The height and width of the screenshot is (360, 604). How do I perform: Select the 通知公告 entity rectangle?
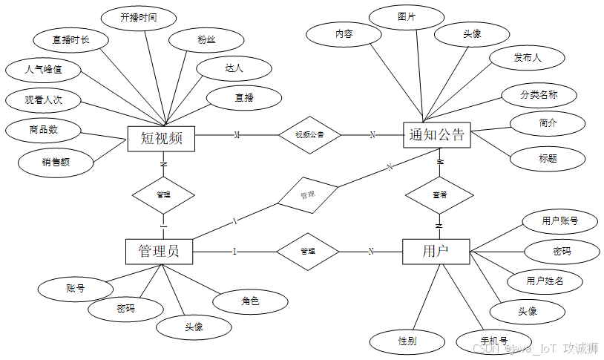point(437,134)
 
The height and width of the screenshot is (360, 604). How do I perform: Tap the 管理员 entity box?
point(159,251)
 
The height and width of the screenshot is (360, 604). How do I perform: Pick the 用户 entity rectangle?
point(436,251)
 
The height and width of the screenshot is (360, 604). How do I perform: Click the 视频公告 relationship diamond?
point(309,135)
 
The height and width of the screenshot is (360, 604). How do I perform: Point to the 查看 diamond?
point(439,194)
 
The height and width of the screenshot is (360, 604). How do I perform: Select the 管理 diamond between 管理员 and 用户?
point(308,251)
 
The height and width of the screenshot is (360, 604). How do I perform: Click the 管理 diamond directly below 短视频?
point(163,194)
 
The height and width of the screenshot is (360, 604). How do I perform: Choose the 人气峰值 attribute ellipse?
point(44,71)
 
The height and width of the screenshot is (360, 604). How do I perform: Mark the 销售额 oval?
point(56,162)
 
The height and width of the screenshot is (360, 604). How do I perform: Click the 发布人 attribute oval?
point(527,56)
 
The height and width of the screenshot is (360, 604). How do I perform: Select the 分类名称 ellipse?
point(539,95)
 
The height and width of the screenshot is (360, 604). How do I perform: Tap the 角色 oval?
point(249,301)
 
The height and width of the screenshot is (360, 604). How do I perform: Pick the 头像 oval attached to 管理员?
point(194,327)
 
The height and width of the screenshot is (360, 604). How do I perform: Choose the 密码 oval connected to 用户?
point(561,252)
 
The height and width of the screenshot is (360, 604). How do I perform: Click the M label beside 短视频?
point(237,135)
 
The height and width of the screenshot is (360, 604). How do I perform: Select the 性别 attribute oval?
point(407,341)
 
